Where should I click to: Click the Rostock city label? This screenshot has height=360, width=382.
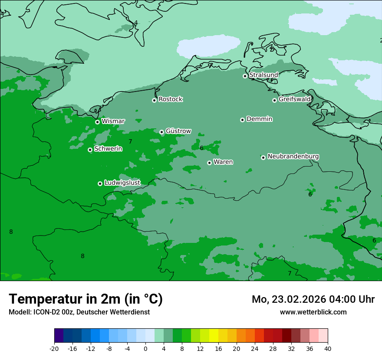click(170, 99)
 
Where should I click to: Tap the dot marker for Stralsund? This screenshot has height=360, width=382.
click(245, 76)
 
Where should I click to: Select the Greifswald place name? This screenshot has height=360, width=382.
click(294, 99)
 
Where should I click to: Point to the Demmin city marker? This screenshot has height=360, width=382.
click(242, 120)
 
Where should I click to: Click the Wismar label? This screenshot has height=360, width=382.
click(113, 121)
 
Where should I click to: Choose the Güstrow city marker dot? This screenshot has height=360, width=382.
click(161, 132)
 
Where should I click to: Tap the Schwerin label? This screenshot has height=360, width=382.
click(108, 149)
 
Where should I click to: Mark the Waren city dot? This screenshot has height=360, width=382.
click(209, 163)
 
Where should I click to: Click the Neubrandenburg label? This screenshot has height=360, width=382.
click(293, 157)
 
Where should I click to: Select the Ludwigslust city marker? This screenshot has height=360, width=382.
click(100, 183)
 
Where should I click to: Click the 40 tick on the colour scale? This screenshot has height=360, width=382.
click(328, 348)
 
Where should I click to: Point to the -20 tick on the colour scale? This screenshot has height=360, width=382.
click(54, 348)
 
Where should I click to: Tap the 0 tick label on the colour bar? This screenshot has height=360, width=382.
click(145, 348)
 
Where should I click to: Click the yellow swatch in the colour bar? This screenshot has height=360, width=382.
click(214, 336)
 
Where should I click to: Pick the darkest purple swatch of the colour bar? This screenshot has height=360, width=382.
click(59, 336)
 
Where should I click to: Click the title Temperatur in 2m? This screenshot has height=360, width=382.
click(86, 299)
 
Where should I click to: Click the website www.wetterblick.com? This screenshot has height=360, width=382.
click(313, 312)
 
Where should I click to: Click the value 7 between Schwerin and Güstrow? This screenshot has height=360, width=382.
click(130, 142)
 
